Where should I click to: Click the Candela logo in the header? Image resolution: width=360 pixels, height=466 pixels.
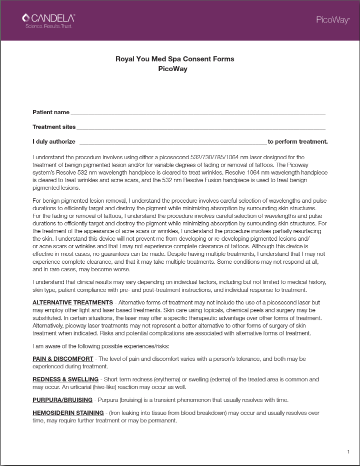pyautogui.click(x=48, y=18)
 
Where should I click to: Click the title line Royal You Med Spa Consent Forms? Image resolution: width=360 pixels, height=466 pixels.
pyautogui.click(x=174, y=59)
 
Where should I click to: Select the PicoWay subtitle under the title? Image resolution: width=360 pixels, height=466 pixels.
pyautogui.click(x=172, y=69)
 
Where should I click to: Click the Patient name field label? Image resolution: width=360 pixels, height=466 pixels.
pyautogui.click(x=51, y=112)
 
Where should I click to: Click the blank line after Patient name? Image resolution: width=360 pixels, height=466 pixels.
pyautogui.click(x=198, y=113)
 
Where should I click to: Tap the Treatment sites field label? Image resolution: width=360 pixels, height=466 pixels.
pyautogui.click(x=54, y=127)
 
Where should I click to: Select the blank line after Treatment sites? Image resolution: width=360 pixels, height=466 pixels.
pyautogui.click(x=201, y=128)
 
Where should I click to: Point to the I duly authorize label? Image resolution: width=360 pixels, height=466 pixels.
pyautogui.click(x=54, y=142)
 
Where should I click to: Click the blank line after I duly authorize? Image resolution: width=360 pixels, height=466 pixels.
pyautogui.click(x=172, y=143)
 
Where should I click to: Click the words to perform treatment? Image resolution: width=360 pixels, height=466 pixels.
pyautogui.click(x=297, y=142)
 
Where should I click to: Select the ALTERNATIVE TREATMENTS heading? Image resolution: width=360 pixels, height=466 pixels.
pyautogui.click(x=72, y=303)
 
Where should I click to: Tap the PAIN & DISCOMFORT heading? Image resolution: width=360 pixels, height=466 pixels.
pyautogui.click(x=63, y=359)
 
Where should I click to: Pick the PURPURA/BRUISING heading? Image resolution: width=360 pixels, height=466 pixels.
pyautogui.click(x=62, y=400)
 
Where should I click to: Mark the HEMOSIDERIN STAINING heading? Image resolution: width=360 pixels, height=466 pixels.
pyautogui.click(x=68, y=413)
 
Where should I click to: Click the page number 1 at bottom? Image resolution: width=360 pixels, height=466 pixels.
pyautogui.click(x=348, y=452)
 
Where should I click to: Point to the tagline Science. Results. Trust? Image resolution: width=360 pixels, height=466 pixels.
pyautogui.click(x=48, y=26)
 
